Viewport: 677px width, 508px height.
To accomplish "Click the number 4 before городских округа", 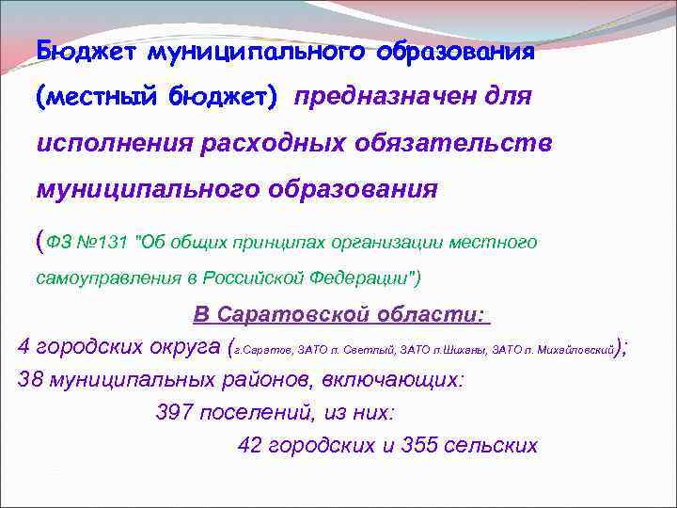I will [24, 347].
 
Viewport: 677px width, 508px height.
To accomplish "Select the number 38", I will [31, 380].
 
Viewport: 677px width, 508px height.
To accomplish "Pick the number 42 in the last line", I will [251, 445].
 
